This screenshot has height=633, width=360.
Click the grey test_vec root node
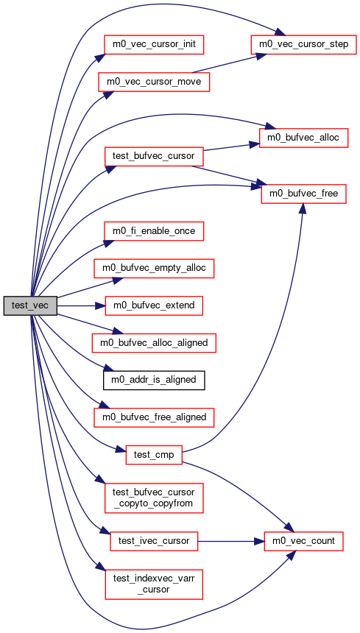click(30, 305)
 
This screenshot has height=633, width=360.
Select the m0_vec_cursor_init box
click(154, 43)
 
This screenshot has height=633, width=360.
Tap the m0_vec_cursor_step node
click(304, 43)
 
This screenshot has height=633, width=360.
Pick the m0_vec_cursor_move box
click(154, 81)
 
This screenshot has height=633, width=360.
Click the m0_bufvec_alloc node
click(303, 138)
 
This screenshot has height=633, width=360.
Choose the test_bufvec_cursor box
click(154, 156)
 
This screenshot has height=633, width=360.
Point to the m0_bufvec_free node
click(303, 194)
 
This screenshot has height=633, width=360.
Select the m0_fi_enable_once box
click(154, 231)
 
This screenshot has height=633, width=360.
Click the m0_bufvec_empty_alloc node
click(154, 269)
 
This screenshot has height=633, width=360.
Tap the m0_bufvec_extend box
click(154, 305)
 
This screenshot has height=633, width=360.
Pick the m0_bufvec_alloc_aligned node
click(154, 343)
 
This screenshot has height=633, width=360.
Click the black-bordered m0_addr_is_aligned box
click(154, 380)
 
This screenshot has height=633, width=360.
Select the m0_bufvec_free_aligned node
click(154, 417)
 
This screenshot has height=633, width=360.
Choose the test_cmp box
click(154, 455)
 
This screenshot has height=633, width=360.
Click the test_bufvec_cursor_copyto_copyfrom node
click(154, 498)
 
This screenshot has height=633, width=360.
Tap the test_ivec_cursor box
click(154, 541)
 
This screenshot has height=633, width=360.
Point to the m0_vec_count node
click(303, 541)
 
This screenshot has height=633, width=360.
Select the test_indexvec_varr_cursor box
click(154, 584)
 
